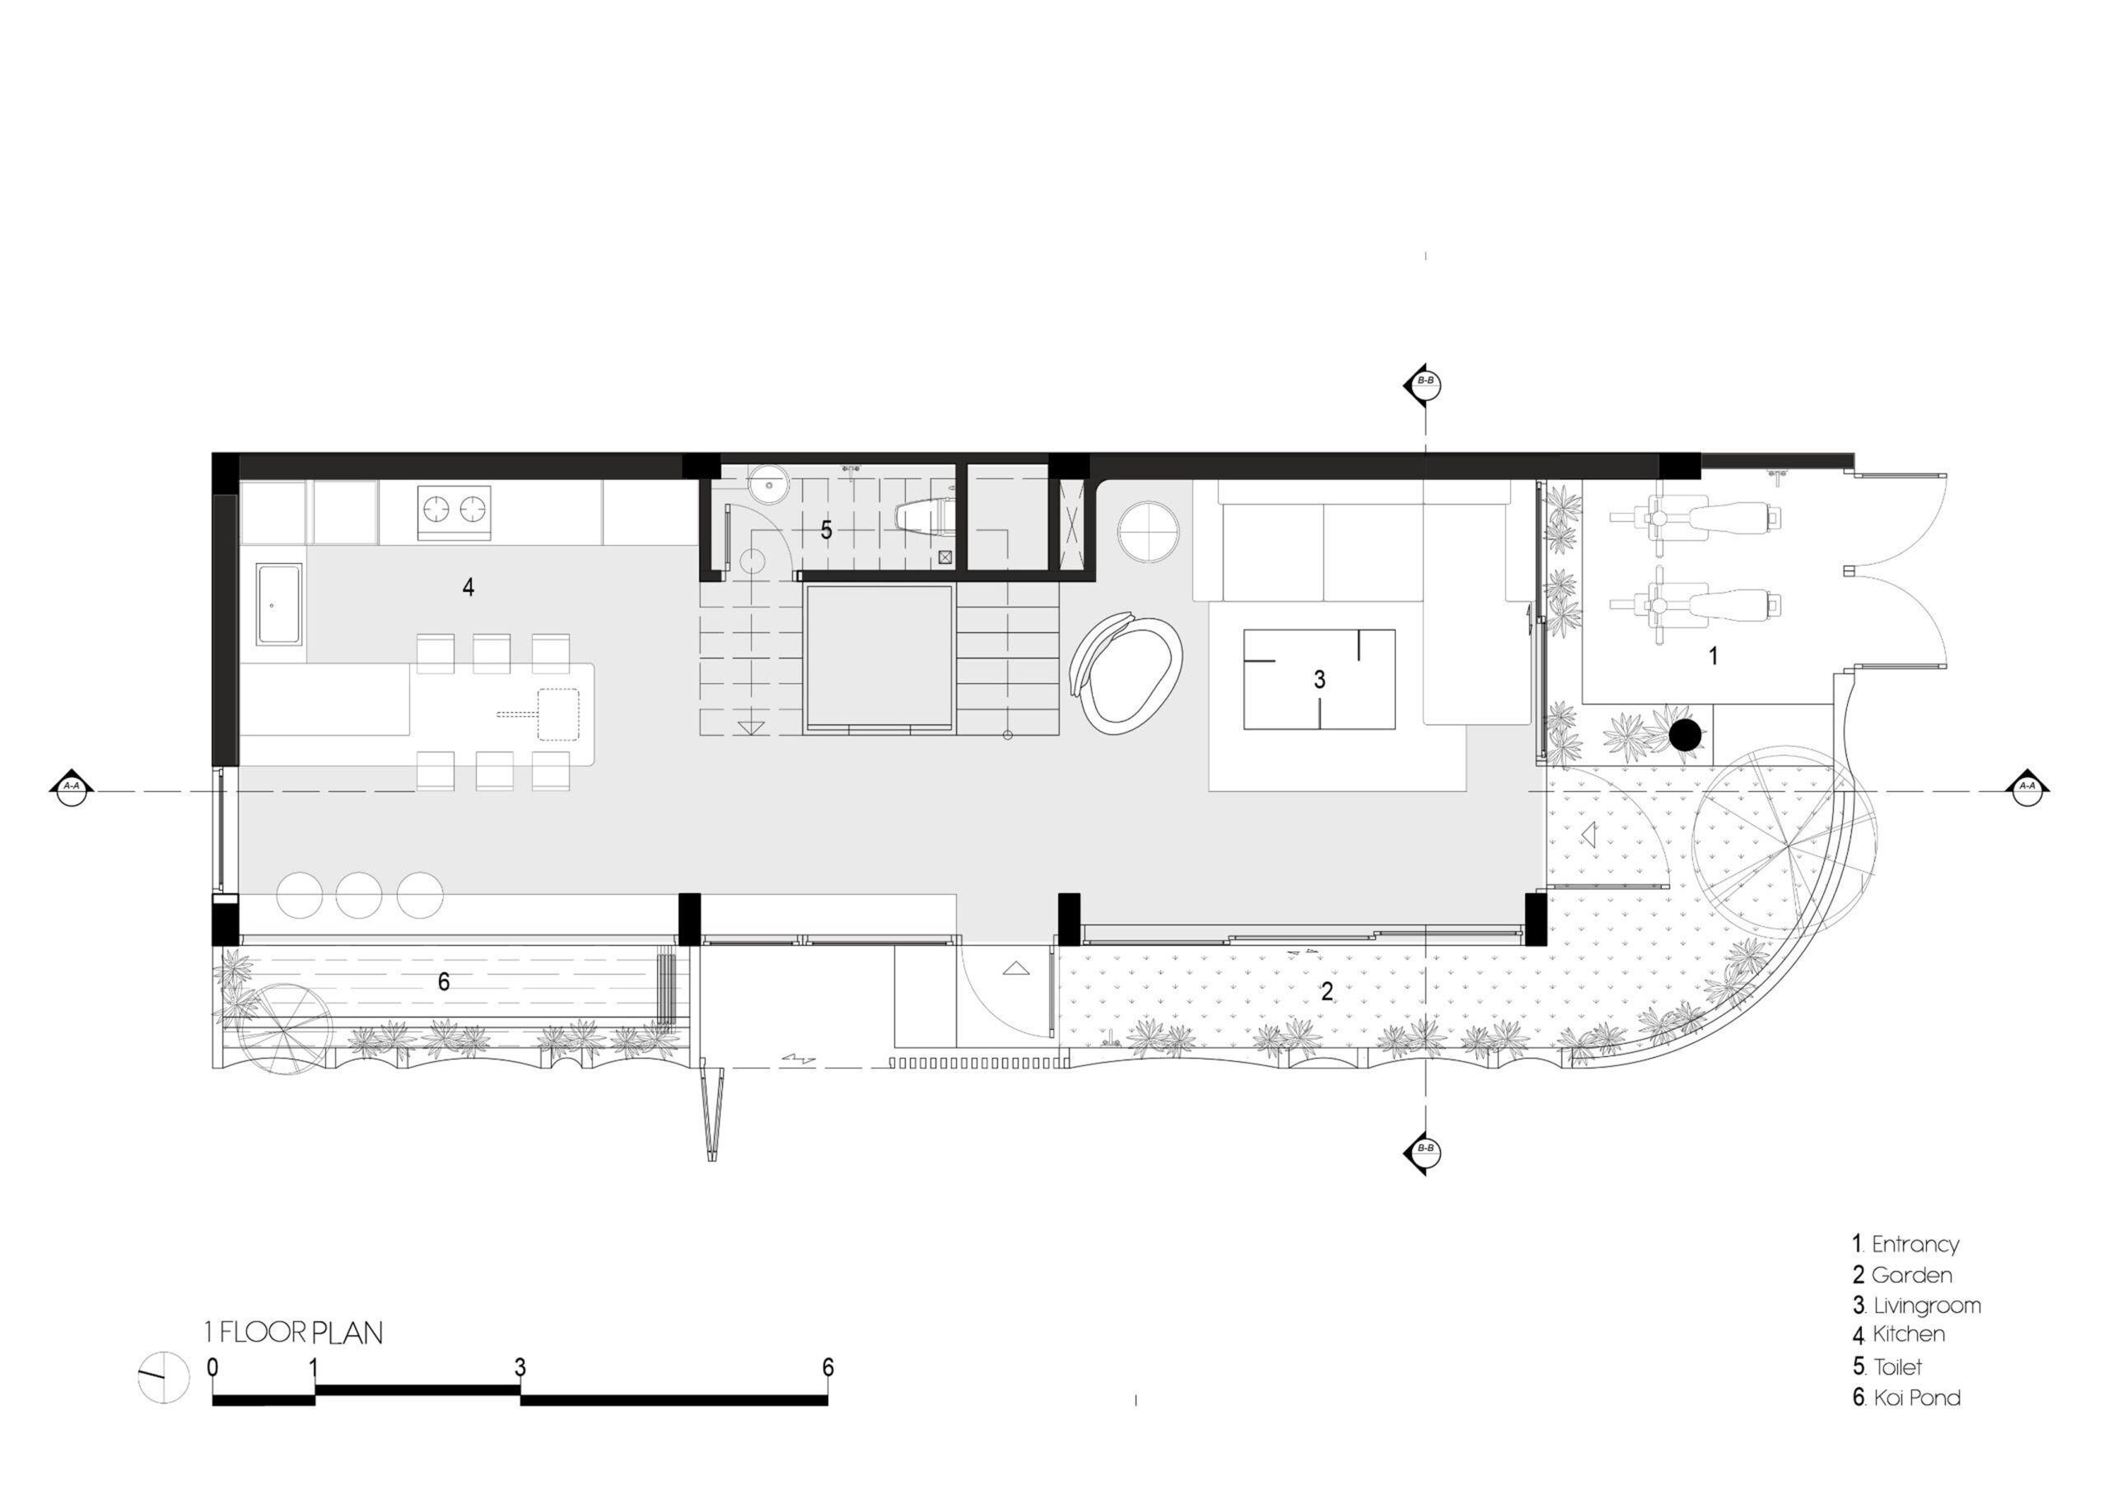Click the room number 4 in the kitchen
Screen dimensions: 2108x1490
pyautogui.click(x=469, y=587)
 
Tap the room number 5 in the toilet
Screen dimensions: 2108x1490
pyautogui.click(x=826, y=529)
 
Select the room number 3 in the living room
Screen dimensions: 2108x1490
pyautogui.click(x=1319, y=679)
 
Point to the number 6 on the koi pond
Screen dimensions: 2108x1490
pyautogui.click(x=444, y=982)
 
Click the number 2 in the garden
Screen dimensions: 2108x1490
pyautogui.click(x=1327, y=991)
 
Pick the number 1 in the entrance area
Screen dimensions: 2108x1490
pyautogui.click(x=1712, y=655)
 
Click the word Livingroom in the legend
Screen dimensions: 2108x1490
pyautogui.click(x=1927, y=1306)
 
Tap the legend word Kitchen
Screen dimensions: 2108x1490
pyautogui.click(x=1909, y=1334)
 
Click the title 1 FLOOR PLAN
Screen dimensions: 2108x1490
pyautogui.click(x=294, y=1332)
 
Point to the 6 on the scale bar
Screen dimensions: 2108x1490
pyautogui.click(x=828, y=1367)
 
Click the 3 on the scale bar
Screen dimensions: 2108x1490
pyautogui.click(x=520, y=1367)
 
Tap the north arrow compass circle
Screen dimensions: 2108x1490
pyautogui.click(x=163, y=1377)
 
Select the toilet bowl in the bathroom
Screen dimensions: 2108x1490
pyautogui.click(x=926, y=519)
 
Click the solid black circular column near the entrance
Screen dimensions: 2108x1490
pyautogui.click(x=1686, y=734)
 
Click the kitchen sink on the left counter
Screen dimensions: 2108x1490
pyautogui.click(x=280, y=603)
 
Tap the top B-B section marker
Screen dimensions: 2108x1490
pyautogui.click(x=1423, y=385)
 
